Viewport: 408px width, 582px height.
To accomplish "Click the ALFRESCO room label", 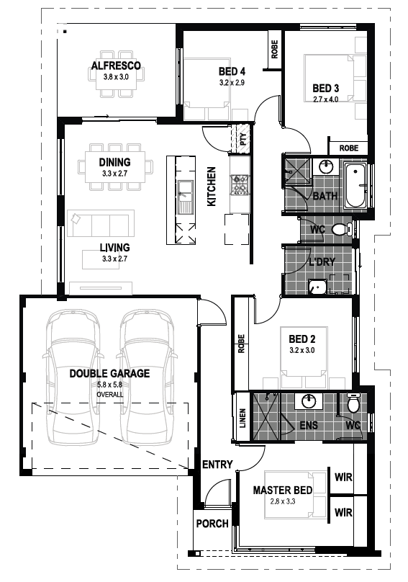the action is tap(116, 66).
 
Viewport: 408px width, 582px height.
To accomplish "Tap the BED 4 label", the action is tap(232, 71).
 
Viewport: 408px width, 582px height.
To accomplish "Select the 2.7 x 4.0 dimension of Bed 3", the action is tap(325, 99).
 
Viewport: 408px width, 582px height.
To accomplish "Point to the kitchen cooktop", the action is tap(239, 184).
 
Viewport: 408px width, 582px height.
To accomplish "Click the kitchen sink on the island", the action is tap(185, 197).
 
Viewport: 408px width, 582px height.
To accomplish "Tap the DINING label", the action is tap(114, 162).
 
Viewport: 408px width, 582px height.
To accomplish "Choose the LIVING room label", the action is tap(114, 247).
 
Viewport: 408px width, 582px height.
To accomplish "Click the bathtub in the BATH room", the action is tap(355, 186).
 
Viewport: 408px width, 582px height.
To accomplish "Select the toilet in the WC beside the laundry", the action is tap(342, 229).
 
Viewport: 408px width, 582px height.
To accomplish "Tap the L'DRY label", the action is tap(322, 262).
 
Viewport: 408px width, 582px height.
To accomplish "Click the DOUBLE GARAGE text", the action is tap(110, 373).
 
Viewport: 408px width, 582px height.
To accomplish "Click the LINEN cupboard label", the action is tap(242, 418).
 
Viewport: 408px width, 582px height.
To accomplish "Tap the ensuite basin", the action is tap(309, 401).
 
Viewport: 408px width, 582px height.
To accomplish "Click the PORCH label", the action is tap(212, 524).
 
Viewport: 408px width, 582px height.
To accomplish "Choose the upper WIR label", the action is tap(343, 477).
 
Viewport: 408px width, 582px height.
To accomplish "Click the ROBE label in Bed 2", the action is tap(242, 344).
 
